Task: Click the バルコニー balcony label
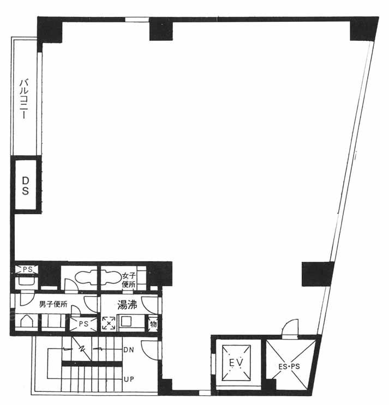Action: click(24, 99)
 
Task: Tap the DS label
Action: click(25, 186)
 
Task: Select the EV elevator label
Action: click(236, 362)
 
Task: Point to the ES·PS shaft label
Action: click(289, 366)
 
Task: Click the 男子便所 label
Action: click(53, 304)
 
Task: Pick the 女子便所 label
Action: click(129, 280)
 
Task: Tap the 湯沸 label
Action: click(127, 305)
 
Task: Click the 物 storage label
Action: click(153, 324)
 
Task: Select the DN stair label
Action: click(129, 350)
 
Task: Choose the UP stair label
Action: click(129, 379)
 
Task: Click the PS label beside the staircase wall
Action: click(83, 324)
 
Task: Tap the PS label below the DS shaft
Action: click(27, 269)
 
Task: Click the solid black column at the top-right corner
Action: click(363, 29)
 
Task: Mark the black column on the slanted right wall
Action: click(318, 274)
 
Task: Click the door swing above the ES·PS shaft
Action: click(290, 328)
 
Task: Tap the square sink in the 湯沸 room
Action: click(127, 322)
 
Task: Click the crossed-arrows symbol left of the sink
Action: click(109, 323)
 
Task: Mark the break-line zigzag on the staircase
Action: click(82, 349)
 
